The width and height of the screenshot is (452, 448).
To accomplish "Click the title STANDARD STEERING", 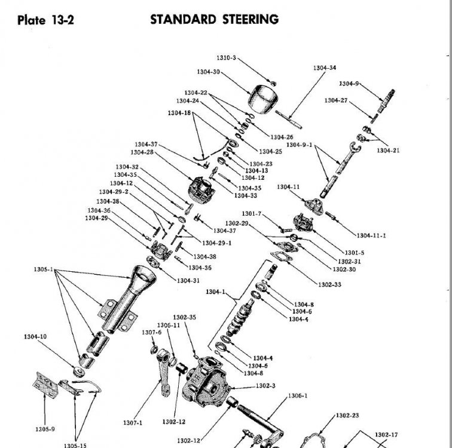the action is click(214, 20).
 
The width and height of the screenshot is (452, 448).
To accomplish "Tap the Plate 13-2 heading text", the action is click(45, 20).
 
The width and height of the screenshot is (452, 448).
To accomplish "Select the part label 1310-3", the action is click(226, 58).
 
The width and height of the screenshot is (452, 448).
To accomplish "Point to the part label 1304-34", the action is click(325, 68).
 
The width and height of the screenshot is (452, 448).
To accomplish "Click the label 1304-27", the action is click(336, 100).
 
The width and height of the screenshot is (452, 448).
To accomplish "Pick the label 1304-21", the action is click(388, 151).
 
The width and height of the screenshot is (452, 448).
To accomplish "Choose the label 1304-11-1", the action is click(371, 235).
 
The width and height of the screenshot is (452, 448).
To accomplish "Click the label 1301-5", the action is click(355, 253).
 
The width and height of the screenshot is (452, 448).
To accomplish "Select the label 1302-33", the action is click(329, 285).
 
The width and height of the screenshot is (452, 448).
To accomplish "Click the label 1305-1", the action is click(44, 269).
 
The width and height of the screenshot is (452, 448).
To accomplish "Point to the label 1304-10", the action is click(35, 336).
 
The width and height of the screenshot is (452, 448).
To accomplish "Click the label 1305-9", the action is click(45, 429).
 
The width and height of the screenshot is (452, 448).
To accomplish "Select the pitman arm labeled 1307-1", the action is click(164, 372).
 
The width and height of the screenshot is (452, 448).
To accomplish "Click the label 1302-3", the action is click(265, 386).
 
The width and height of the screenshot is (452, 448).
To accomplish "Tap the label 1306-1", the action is click(298, 396).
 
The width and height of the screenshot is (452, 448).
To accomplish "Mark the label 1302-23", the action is click(347, 416).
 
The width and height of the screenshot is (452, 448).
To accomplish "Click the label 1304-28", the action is click(142, 152).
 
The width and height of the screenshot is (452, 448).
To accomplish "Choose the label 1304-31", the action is click(188, 281).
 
